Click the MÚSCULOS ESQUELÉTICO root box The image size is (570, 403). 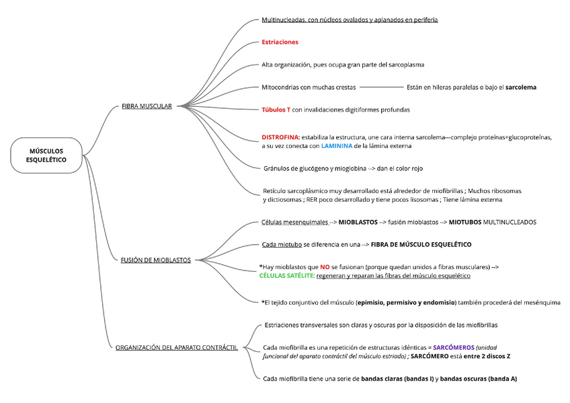[x=46, y=155]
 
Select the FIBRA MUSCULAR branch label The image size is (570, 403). [x=147, y=106]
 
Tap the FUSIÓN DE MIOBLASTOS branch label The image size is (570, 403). [x=156, y=260]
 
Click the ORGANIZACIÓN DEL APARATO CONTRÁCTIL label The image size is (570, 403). [x=177, y=347]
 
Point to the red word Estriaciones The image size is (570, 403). [x=280, y=42]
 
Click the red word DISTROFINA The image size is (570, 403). [x=280, y=137]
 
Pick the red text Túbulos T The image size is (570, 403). [x=276, y=109]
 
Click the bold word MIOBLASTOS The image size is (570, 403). [x=358, y=221]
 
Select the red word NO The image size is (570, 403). [x=325, y=267]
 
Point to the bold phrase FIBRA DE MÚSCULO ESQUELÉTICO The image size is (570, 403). [x=421, y=244]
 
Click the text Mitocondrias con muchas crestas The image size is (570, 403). [x=309, y=87]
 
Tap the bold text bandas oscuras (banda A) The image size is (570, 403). [x=478, y=379]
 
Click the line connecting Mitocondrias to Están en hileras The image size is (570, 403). [x=381, y=87]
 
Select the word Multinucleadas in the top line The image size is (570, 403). [x=282, y=20]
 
